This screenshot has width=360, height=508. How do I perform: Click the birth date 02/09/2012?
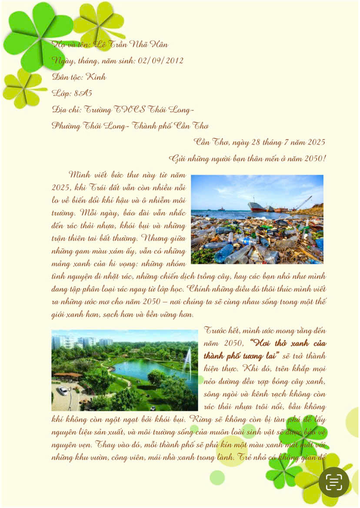(x=160, y=60)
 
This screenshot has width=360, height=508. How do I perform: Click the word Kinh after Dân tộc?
(x=97, y=77)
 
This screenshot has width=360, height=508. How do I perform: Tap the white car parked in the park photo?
(x=63, y=390)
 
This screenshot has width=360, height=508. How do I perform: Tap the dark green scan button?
(x=334, y=482)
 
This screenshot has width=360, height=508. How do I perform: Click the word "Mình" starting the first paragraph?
(x=81, y=175)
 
